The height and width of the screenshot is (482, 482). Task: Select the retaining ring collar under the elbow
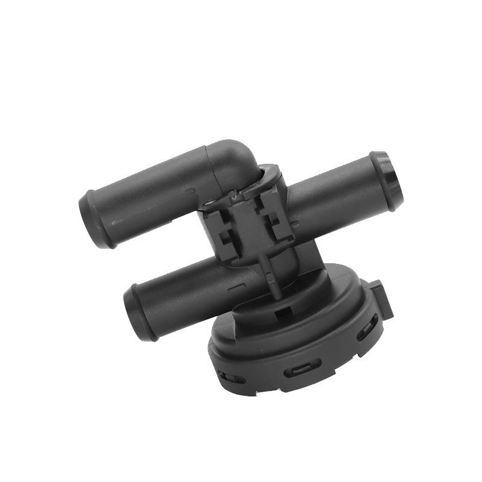[265, 179]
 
